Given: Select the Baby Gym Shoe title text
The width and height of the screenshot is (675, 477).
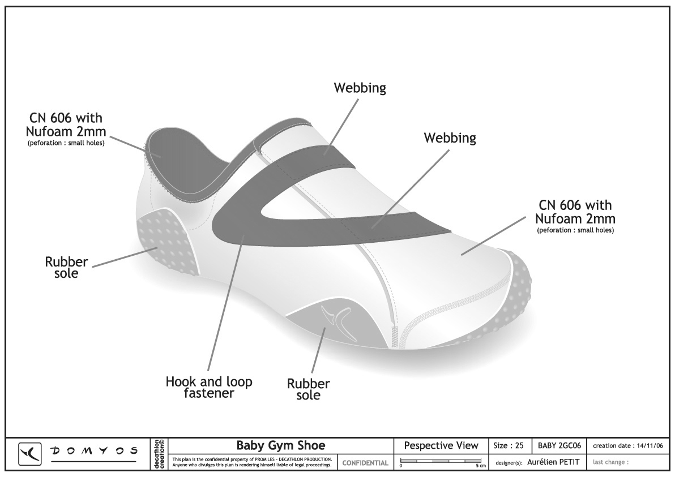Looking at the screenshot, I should (280, 445).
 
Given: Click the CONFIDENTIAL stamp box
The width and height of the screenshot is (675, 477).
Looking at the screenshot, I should (366, 463).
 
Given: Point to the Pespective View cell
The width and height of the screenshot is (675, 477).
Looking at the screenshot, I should (441, 445).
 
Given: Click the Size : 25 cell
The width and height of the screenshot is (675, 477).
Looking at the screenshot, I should (509, 445).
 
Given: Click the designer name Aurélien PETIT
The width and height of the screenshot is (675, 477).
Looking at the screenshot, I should (553, 462).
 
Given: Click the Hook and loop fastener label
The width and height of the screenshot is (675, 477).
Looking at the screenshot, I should (209, 387).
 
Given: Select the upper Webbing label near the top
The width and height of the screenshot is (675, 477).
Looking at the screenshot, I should (360, 88).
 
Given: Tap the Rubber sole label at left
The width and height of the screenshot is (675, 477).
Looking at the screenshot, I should (66, 268).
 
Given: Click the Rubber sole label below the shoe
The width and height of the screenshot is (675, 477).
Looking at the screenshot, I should (308, 389).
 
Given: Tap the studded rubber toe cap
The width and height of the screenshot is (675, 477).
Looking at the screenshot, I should (521, 294).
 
